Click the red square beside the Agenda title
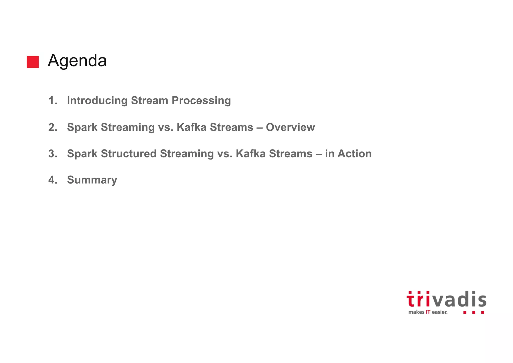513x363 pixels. (33, 62)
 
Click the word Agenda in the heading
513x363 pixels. (77, 61)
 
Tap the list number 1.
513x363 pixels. (53, 101)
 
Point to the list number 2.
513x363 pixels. (53, 127)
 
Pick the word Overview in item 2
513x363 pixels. (290, 127)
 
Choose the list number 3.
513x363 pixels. (53, 154)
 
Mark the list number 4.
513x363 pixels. (53, 180)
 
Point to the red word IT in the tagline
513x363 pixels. (428, 312)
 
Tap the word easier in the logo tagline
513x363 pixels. (440, 312)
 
